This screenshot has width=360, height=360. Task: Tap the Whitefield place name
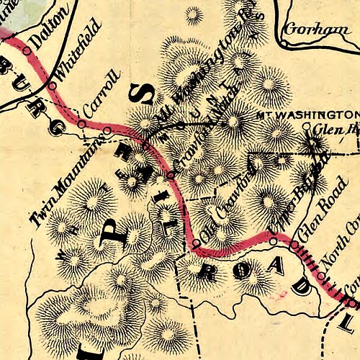[x=74, y=61]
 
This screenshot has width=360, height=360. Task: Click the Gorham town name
[x=311, y=30]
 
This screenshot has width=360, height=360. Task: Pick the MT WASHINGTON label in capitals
[x=307, y=114]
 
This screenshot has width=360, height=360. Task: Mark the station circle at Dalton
[x=27, y=50]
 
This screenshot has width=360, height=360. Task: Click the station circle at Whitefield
[x=53, y=86]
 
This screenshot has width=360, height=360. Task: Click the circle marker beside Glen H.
[x=306, y=127]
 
